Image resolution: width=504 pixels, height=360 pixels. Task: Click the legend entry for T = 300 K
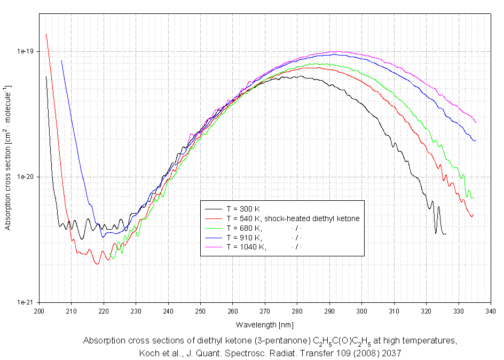(x=243, y=209)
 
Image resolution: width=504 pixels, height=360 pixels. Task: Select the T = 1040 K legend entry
(x=246, y=247)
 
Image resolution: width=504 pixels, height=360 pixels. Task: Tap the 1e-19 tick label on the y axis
(x=25, y=52)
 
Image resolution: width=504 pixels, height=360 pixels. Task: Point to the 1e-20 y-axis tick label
(x=25, y=177)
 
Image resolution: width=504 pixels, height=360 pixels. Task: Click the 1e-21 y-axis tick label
(x=25, y=303)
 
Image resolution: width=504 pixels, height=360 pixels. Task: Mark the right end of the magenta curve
(x=476, y=123)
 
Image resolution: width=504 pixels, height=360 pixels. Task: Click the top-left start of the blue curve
(x=61, y=61)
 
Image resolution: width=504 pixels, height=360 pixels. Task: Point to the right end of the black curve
(x=446, y=234)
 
